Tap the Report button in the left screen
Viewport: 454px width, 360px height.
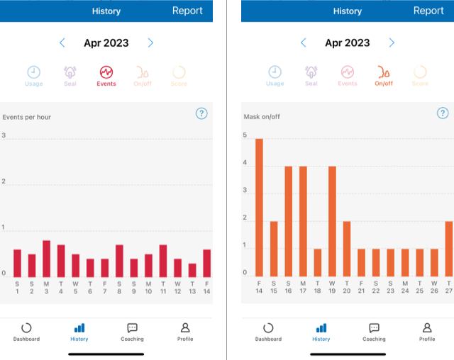click(x=187, y=11)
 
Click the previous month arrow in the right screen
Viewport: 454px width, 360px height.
click(x=304, y=43)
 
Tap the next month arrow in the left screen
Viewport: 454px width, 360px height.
click(x=150, y=43)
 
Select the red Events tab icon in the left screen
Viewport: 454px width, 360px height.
click(x=106, y=72)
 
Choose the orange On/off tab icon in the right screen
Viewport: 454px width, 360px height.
click(x=384, y=72)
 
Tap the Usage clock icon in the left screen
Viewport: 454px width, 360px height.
click(x=34, y=72)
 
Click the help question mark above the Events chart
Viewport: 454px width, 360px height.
click(x=201, y=113)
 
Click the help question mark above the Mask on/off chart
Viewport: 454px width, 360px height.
click(x=443, y=113)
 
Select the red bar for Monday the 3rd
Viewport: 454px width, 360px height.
click(x=46, y=259)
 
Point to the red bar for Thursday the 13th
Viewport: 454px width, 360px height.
click(x=192, y=270)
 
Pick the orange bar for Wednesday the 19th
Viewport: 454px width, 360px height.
click(x=332, y=221)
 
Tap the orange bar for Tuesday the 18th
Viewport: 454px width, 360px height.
click(x=317, y=262)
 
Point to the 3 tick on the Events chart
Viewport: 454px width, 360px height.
click(x=4, y=135)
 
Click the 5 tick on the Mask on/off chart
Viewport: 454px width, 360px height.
click(x=245, y=135)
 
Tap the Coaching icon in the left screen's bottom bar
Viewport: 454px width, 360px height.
click(x=132, y=332)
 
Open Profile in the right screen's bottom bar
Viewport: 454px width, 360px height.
click(x=427, y=332)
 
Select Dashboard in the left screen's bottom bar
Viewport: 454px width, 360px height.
click(x=26, y=332)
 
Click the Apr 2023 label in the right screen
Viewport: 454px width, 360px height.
click(x=348, y=43)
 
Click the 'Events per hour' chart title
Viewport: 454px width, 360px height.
click(x=27, y=117)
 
